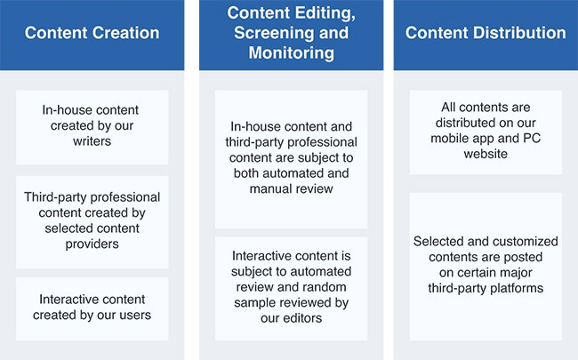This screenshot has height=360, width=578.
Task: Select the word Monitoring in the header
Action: [291, 52]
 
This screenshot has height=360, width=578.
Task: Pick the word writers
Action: [92, 141]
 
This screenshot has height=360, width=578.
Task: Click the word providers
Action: [92, 244]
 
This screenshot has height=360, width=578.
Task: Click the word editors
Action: [302, 318]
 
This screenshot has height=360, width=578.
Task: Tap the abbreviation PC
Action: [532, 138]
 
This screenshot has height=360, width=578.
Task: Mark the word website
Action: [486, 154]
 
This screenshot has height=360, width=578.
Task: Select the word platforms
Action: [518, 288]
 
